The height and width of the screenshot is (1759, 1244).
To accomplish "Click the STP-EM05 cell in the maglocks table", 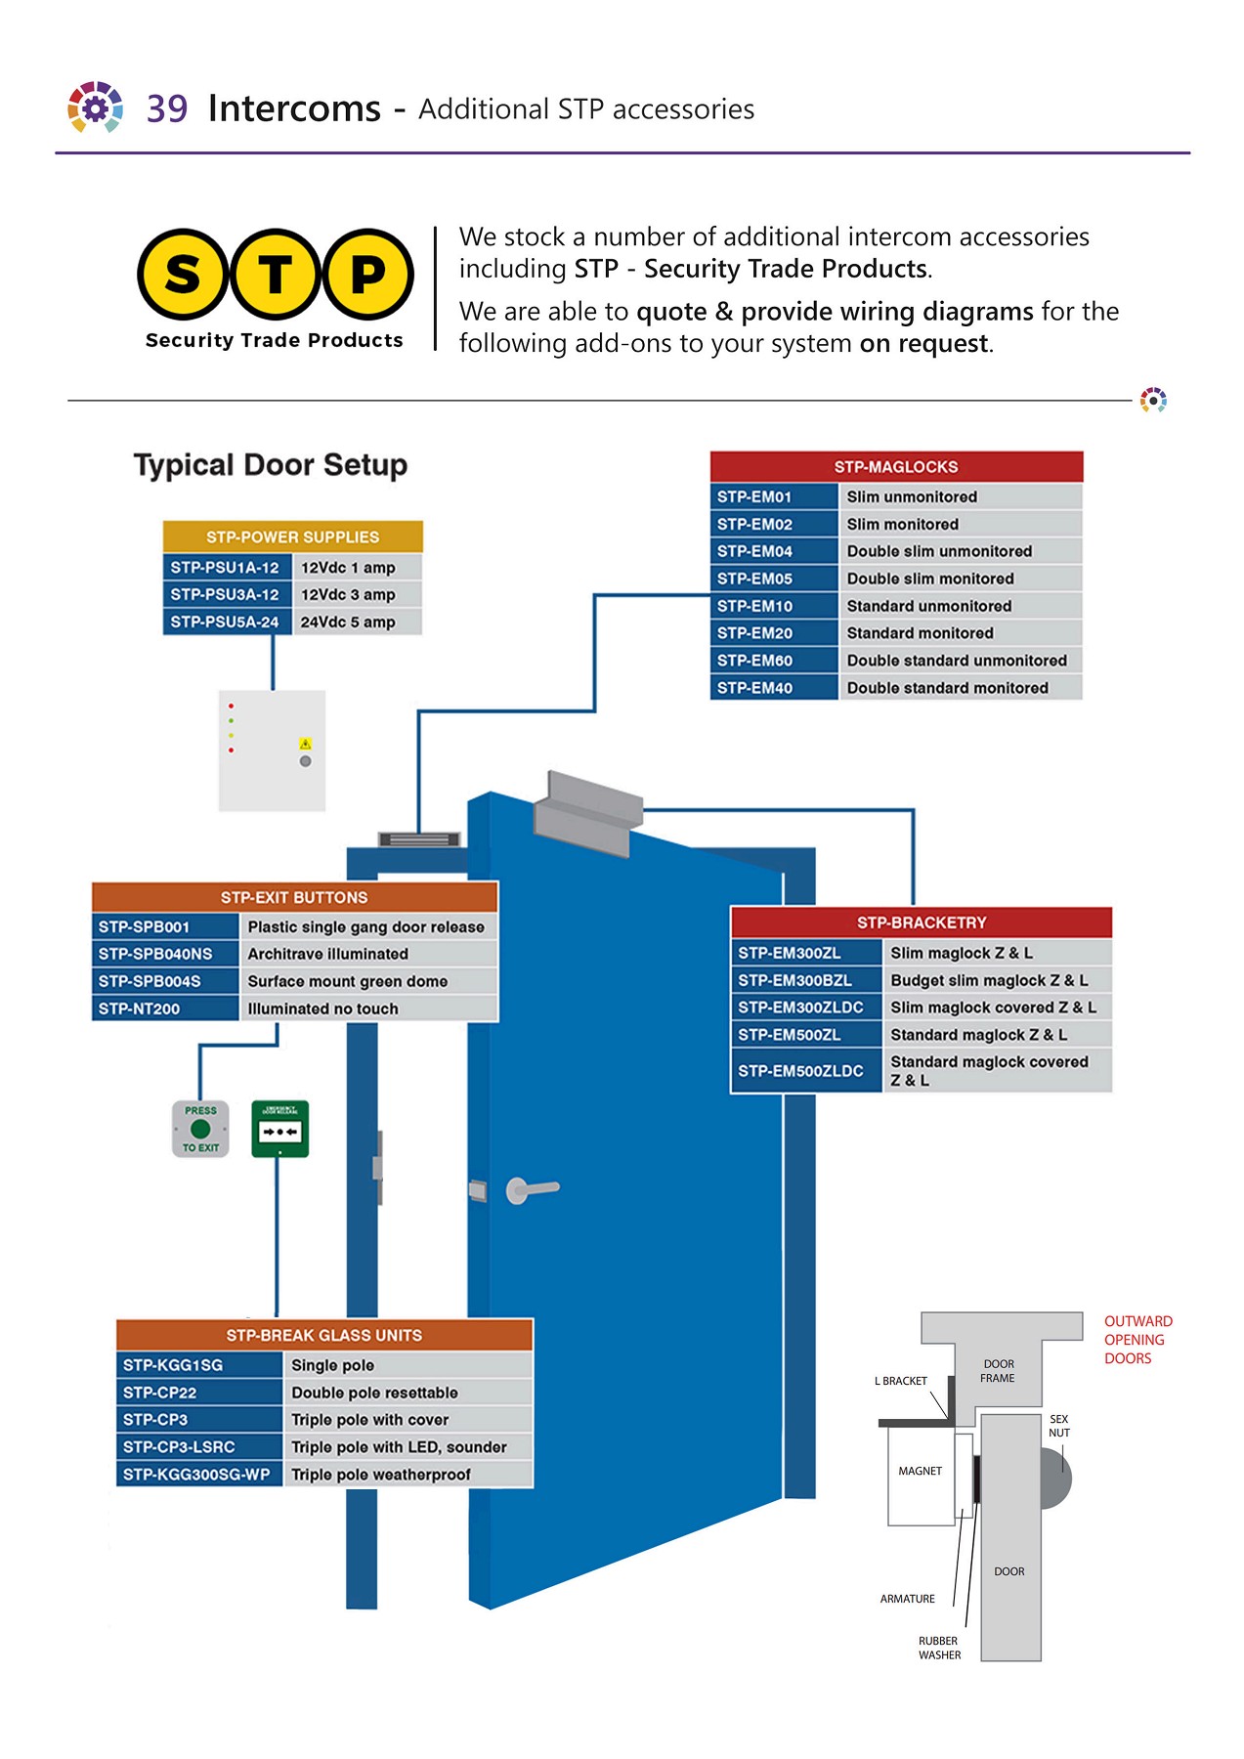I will [773, 579].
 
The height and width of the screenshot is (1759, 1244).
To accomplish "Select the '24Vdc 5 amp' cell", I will [357, 622].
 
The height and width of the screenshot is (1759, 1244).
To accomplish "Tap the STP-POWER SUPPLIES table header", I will [292, 536].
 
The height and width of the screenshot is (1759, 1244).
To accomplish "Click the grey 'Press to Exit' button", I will [200, 1129].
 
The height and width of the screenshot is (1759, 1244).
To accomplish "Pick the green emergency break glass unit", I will [280, 1129].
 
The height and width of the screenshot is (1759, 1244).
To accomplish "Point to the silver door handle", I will [532, 1189].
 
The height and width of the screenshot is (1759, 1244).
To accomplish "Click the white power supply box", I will [272, 751].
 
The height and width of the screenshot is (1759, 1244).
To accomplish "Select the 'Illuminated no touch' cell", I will [368, 1008].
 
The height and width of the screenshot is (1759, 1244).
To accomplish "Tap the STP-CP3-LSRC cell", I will [198, 1446].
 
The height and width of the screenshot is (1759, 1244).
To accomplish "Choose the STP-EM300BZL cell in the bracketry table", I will [805, 980].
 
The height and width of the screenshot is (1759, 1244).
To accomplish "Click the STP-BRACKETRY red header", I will [921, 922].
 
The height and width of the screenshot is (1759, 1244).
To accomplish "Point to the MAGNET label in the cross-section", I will [920, 1471].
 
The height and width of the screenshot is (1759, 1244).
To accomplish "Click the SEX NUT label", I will [1059, 1426].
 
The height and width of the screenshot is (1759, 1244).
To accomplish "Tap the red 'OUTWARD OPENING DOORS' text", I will [1137, 1340].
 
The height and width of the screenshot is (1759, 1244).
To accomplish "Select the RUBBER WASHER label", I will [939, 1648].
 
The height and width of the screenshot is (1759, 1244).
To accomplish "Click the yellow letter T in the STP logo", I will [276, 275].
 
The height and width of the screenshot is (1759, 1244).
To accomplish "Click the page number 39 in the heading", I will [167, 108].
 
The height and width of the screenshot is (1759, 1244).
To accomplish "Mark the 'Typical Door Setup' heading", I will [271, 465].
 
